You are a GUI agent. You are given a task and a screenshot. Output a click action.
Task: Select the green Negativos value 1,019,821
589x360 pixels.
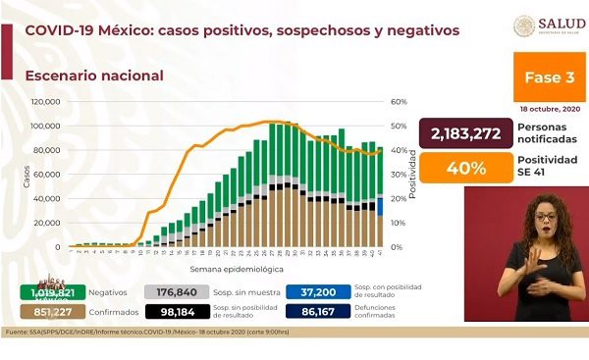(47, 291)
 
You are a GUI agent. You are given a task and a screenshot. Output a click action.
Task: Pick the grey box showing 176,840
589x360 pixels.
(179, 291)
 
